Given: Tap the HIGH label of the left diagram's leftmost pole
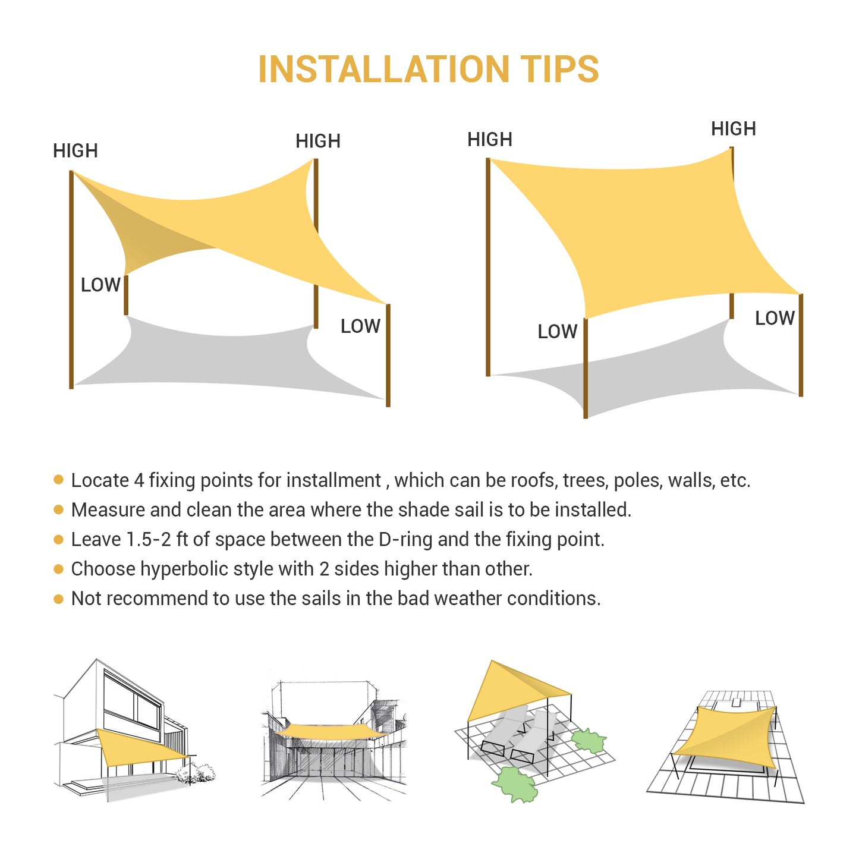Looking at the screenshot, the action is [x=75, y=150].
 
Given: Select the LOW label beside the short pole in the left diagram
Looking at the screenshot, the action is [x=100, y=284].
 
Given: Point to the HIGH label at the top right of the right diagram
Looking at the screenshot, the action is [x=734, y=129].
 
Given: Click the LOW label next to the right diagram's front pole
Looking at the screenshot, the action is [x=557, y=331].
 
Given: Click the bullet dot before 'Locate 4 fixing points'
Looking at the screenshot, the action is [x=58, y=479].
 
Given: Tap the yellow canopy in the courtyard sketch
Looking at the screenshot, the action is [x=330, y=732].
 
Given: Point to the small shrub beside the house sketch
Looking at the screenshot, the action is [x=196, y=773].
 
